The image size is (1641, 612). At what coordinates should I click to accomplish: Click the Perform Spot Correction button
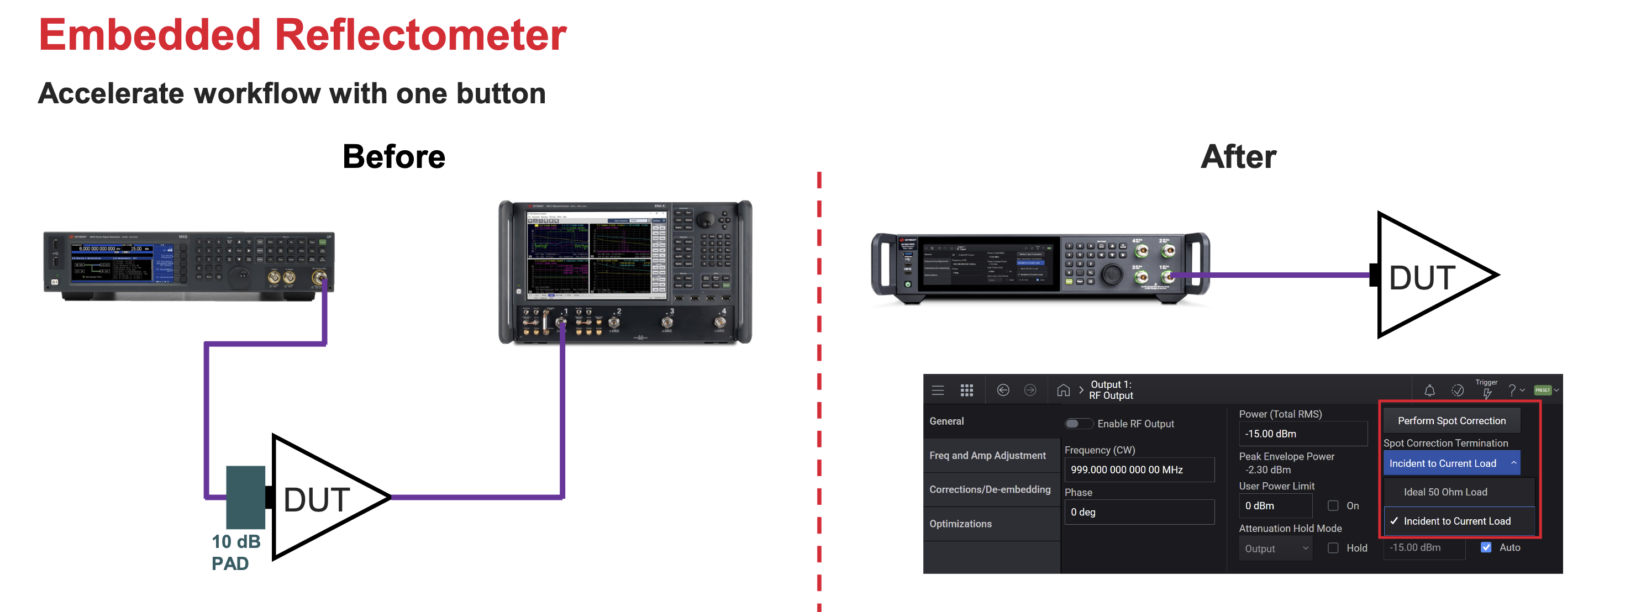tap(1451, 421)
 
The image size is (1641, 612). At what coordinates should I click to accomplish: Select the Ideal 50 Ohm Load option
tap(1445, 492)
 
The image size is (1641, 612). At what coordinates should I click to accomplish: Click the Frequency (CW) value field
tap(1138, 470)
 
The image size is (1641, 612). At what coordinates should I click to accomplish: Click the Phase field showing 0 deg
tap(1138, 513)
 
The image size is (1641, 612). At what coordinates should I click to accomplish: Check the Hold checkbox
tap(1333, 548)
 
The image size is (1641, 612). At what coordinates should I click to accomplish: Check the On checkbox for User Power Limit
tap(1333, 505)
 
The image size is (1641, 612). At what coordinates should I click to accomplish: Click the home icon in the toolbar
tap(1063, 391)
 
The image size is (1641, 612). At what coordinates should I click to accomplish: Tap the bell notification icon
tap(1429, 391)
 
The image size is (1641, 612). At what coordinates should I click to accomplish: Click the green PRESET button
tap(1542, 391)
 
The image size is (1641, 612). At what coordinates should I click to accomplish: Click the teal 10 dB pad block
tap(245, 497)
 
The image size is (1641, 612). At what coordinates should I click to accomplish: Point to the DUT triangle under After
tap(1427, 276)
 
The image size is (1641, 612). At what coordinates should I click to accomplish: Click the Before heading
tap(394, 157)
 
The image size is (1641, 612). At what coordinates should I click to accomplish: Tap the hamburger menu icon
tap(938, 391)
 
